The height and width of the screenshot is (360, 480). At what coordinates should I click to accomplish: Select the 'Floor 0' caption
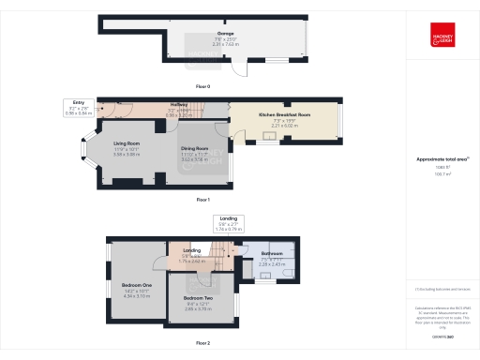(203, 86)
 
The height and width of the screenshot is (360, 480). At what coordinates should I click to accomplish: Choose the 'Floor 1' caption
(203, 200)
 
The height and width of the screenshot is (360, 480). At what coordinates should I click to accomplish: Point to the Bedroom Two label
(198, 302)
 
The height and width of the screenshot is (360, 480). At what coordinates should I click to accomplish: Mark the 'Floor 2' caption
(203, 343)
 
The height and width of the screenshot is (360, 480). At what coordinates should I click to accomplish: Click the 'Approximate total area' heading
(441, 159)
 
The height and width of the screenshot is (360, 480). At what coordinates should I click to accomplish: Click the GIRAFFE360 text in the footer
(441, 335)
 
